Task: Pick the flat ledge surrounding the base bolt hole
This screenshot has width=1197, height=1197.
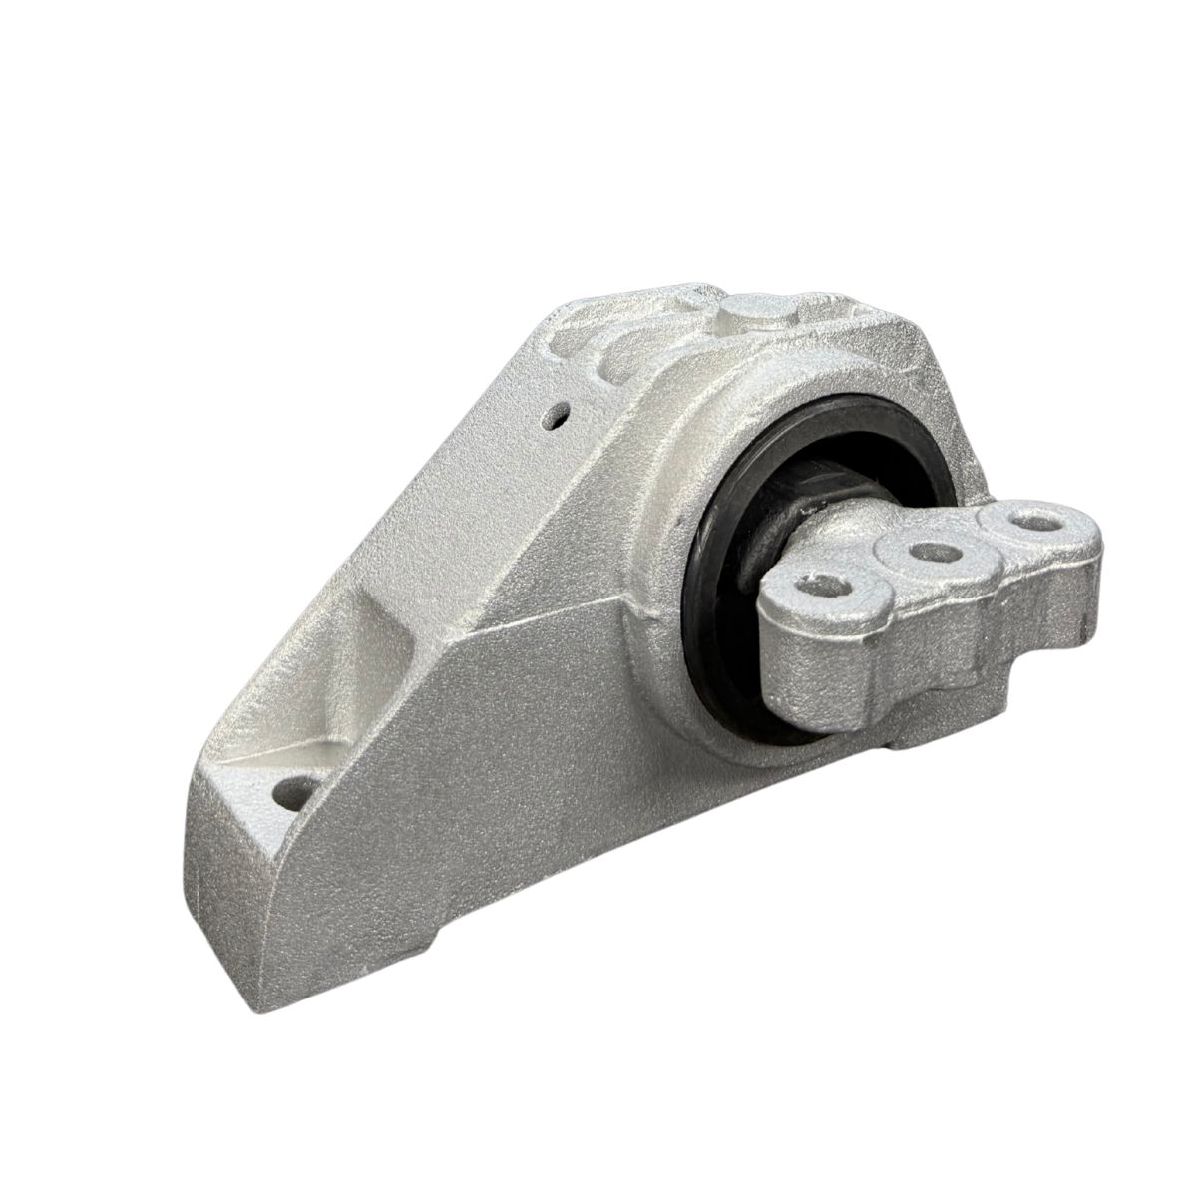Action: [269, 778]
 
